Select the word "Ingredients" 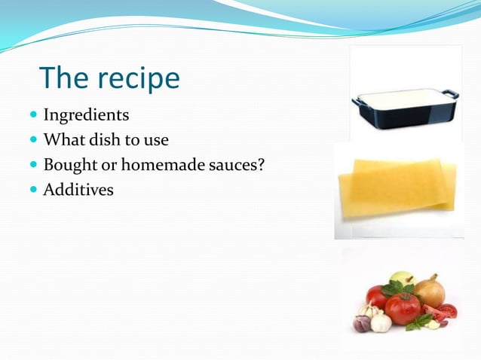point(86,116)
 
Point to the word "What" point(63,140)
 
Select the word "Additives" point(78,190)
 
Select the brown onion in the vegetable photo point(429,290)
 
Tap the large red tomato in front point(403,308)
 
